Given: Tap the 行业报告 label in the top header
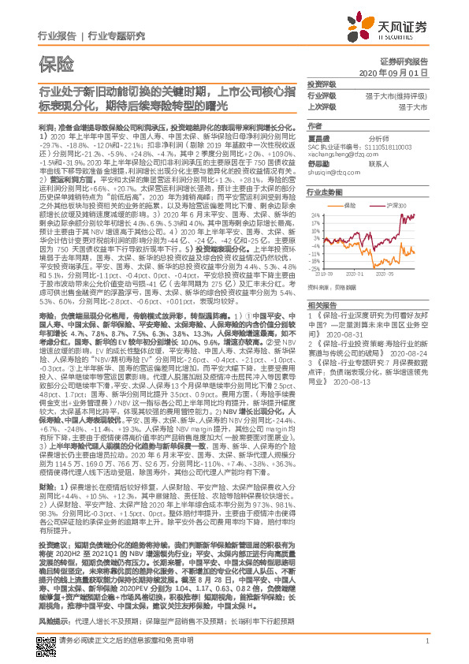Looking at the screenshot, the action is click(57, 35).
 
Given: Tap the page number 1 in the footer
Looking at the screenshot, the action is click(426, 643).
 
